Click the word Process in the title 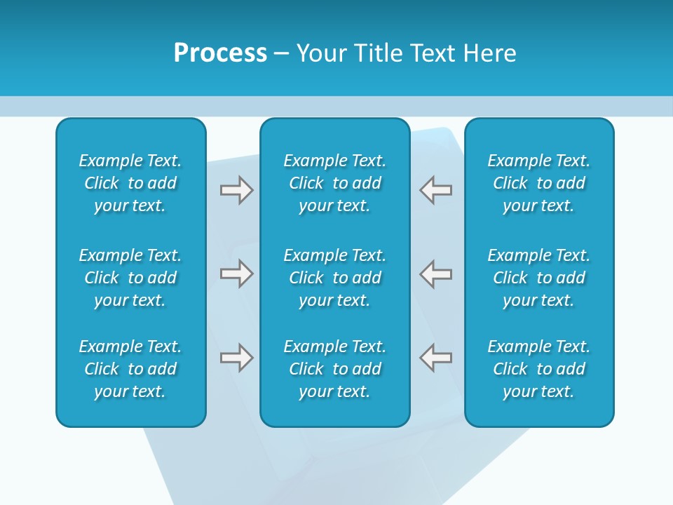pyautogui.click(x=220, y=53)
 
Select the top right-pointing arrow pyautogui.click(x=236, y=190)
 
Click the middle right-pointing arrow pyautogui.click(x=236, y=274)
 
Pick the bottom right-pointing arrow pyautogui.click(x=236, y=358)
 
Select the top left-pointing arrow pyautogui.click(x=436, y=190)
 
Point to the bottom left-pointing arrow pyautogui.click(x=436, y=358)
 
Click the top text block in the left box pyautogui.click(x=130, y=183)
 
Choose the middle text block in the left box pyautogui.click(x=130, y=278)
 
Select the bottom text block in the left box pyautogui.click(x=130, y=369)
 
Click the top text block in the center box pyautogui.click(x=335, y=183)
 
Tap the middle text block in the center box pyautogui.click(x=335, y=278)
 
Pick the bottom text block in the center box pyautogui.click(x=335, y=369)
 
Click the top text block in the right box pyautogui.click(x=539, y=183)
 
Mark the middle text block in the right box pyautogui.click(x=539, y=278)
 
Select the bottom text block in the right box pyautogui.click(x=539, y=369)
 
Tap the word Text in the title pyautogui.click(x=432, y=53)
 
